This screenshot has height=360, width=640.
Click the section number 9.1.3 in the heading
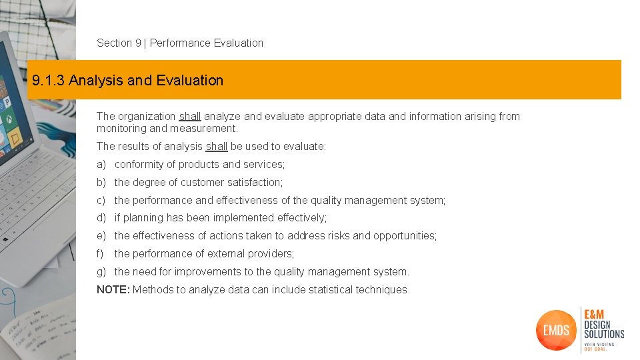48,81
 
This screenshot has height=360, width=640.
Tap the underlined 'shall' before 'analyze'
190,117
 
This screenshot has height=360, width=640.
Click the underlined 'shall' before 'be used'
217,147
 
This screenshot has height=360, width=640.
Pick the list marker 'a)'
101,165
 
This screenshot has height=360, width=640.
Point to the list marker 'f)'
101,254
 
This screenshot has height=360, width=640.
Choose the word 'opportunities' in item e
405,236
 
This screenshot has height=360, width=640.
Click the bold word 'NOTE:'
113,290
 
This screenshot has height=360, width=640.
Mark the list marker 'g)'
101,272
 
